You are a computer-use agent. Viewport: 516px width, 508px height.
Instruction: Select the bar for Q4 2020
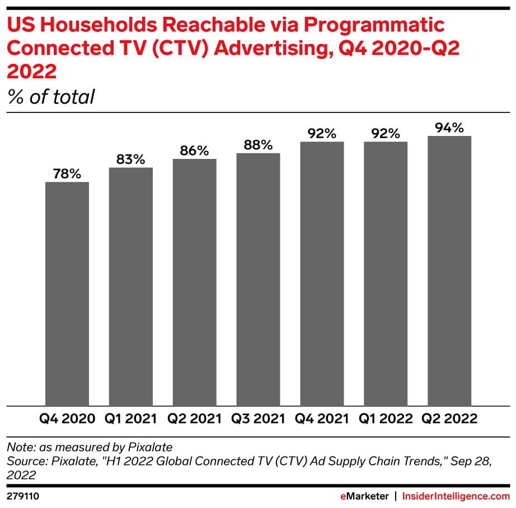(x=67, y=294)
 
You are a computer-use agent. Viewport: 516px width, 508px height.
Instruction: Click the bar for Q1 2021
(x=131, y=286)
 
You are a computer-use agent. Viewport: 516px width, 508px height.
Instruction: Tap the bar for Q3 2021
(x=258, y=279)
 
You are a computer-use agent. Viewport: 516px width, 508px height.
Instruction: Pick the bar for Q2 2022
(x=449, y=271)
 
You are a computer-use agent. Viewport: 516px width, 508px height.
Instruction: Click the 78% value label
(x=67, y=173)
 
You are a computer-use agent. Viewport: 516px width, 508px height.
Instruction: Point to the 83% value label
(x=131, y=159)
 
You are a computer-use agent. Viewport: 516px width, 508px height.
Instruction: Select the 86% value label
(x=194, y=150)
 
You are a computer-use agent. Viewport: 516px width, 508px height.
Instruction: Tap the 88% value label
(x=258, y=145)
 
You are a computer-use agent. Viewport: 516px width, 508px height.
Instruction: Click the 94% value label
(x=449, y=128)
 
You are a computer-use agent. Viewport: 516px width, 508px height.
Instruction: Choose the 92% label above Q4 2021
(x=322, y=134)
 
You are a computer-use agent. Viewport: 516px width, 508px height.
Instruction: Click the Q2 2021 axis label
(x=194, y=419)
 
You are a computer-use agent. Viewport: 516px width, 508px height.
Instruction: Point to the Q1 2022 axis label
(x=386, y=419)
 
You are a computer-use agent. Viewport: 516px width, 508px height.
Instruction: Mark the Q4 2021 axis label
(x=322, y=419)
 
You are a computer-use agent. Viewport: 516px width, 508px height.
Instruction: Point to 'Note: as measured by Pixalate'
(x=89, y=447)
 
